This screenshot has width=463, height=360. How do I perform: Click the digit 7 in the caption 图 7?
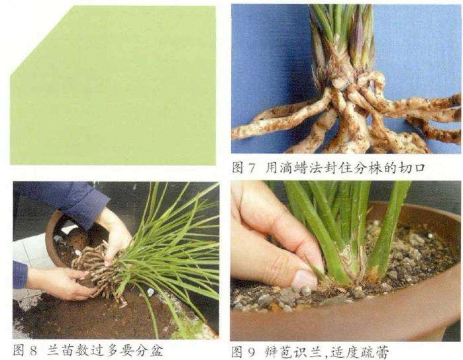coord(251,169)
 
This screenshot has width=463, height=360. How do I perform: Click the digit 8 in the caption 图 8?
coord(32,351)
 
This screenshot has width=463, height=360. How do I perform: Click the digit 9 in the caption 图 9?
coord(251,352)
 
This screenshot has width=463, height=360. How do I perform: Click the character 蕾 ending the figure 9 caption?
coord(382,352)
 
